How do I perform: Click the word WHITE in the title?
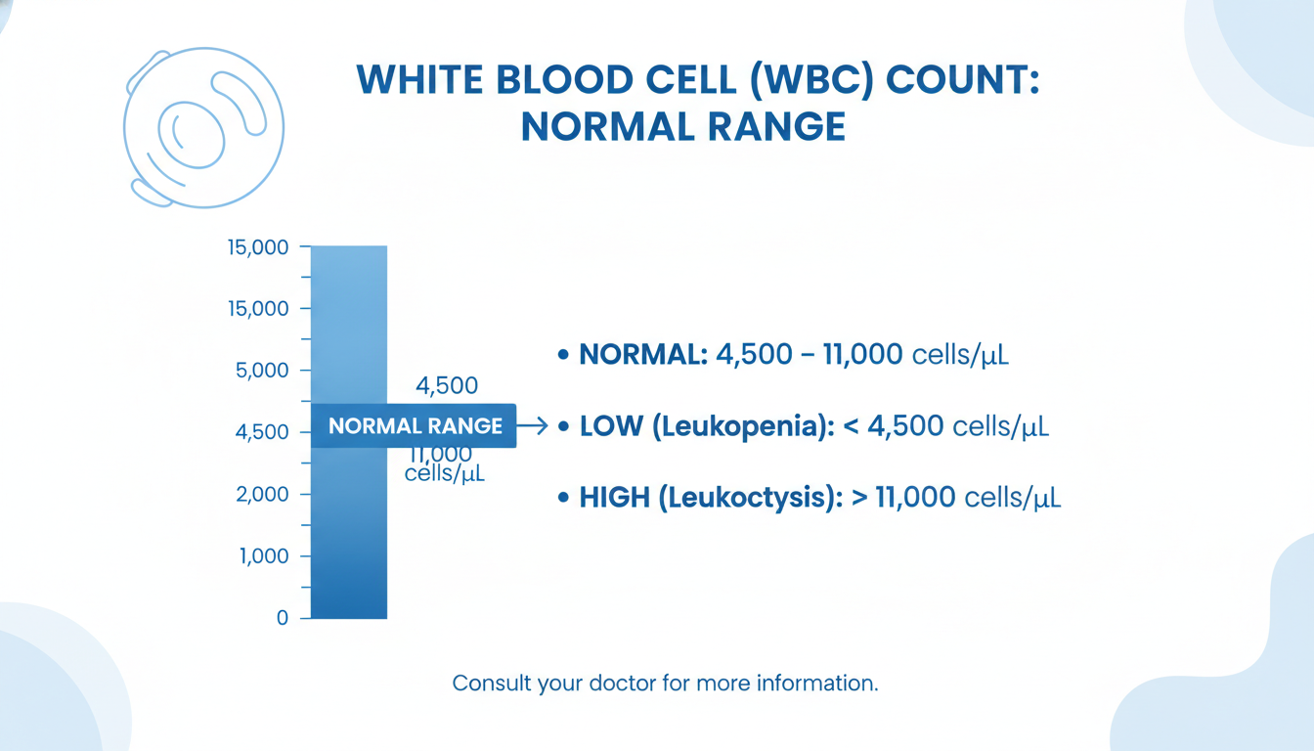[419, 80]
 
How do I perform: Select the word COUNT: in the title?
[962, 80]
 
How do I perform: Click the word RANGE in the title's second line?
[776, 127]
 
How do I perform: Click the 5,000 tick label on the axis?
[262, 371]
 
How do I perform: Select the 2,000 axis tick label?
[262, 494]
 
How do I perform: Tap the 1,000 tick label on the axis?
[263, 555]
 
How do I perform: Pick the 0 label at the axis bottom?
[283, 618]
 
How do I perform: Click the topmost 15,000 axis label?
[258, 247]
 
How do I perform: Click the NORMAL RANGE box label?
[416, 426]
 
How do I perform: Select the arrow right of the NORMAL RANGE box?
[532, 425]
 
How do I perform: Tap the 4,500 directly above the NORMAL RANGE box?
[447, 385]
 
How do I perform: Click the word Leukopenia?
[736, 426]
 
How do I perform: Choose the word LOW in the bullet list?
[611, 426]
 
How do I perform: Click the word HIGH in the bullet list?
[614, 498]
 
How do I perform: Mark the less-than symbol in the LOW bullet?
[852, 426]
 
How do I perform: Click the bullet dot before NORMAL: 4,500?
[563, 354]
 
